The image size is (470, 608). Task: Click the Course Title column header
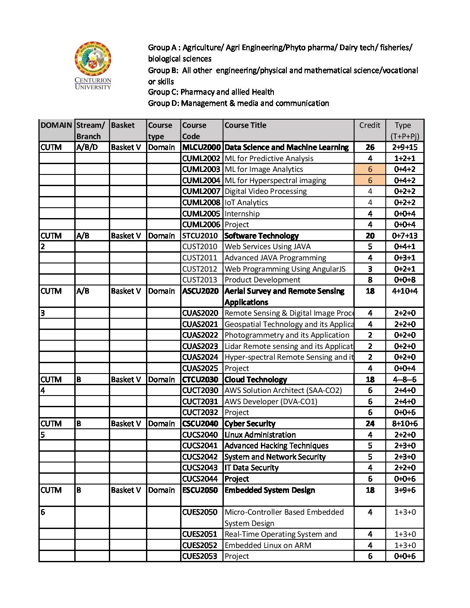tap(245, 125)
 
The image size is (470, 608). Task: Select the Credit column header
tap(370, 125)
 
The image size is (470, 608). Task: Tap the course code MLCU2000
tap(201, 147)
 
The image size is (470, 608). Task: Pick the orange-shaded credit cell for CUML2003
tap(370, 169)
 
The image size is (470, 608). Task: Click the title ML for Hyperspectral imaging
tap(275, 180)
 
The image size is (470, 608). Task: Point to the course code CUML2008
tap(201, 203)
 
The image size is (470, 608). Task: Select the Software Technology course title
tap(261, 236)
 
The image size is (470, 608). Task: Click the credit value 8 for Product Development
tap(370, 280)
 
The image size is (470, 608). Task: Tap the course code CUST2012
tap(200, 269)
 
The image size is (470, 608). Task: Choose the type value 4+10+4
tap(405, 291)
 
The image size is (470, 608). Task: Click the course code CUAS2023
tap(200, 346)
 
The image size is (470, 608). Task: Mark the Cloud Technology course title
tap(256, 380)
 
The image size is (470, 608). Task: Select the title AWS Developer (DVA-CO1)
tap(271, 402)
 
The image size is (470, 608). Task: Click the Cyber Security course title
tap(250, 424)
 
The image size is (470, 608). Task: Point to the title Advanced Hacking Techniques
tap(276, 446)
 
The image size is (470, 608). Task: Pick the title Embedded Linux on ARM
tap(268, 545)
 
